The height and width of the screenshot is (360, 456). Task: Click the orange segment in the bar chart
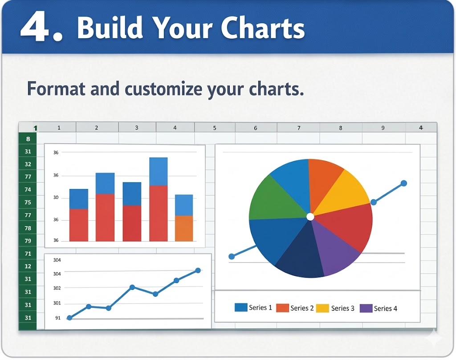point(184,228)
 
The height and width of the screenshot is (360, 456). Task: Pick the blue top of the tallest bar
point(158,171)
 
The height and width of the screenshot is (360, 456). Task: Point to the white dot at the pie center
point(310,217)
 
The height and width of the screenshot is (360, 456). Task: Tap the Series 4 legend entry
point(378,308)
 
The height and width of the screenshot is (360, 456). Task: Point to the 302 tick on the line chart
point(57,288)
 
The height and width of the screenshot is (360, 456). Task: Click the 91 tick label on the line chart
point(58,318)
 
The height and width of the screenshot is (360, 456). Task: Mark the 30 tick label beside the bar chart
point(56,197)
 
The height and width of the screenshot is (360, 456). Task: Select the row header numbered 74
point(28,190)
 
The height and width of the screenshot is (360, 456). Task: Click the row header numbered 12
point(28,266)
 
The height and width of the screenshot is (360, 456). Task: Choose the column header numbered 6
point(256,128)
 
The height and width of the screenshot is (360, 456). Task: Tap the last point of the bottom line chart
point(198,270)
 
